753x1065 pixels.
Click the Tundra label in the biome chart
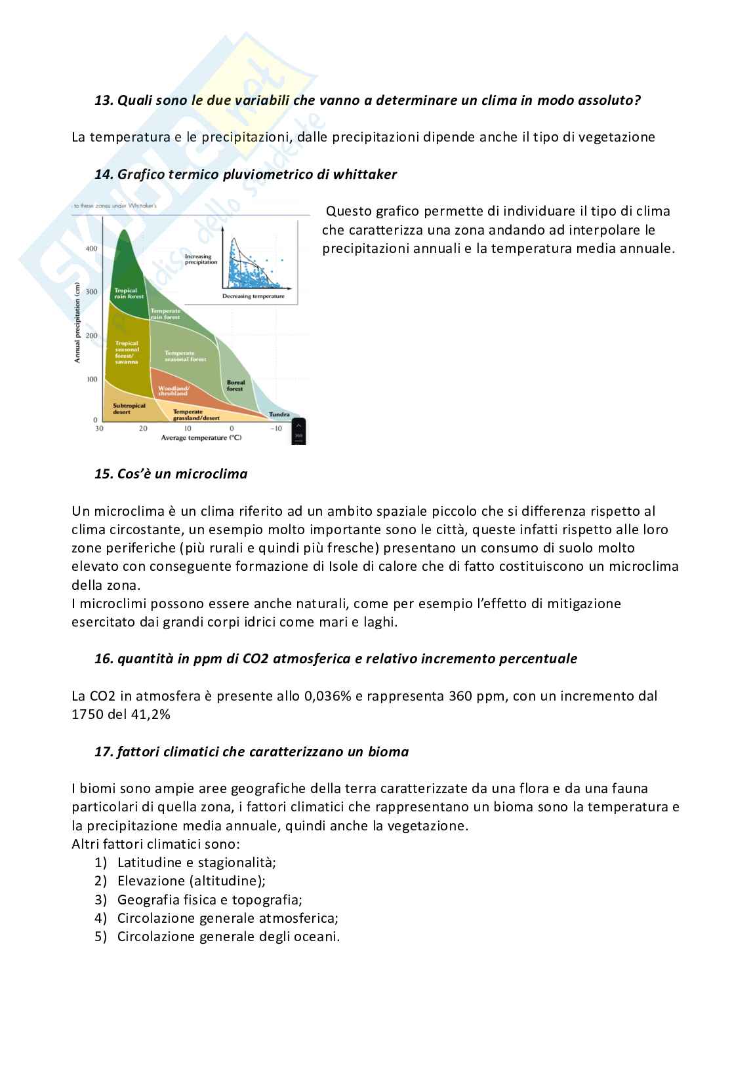(x=279, y=414)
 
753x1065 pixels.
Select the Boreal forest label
(x=235, y=385)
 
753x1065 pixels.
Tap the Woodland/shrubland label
(x=173, y=391)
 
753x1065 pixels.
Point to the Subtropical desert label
(x=129, y=409)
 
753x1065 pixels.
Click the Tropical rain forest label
(x=129, y=293)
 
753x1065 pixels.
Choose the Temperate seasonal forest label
(x=185, y=356)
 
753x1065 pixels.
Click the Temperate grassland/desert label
(x=196, y=415)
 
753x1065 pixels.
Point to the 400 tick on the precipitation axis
(x=91, y=248)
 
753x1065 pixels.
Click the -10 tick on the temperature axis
(x=276, y=429)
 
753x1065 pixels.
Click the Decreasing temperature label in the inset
(x=253, y=296)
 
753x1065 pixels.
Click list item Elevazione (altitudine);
(x=191, y=881)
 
